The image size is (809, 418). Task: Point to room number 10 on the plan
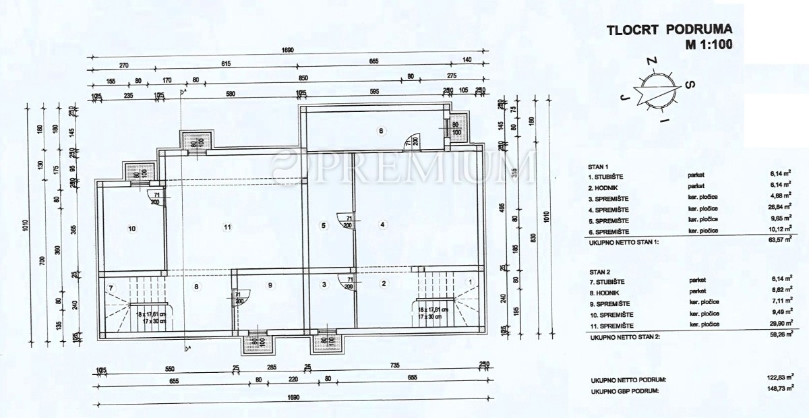point(132,229)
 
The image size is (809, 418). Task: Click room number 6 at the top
point(380,131)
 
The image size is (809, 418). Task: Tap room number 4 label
point(382,225)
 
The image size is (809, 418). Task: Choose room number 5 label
point(324,225)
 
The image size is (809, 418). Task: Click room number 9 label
point(270,286)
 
